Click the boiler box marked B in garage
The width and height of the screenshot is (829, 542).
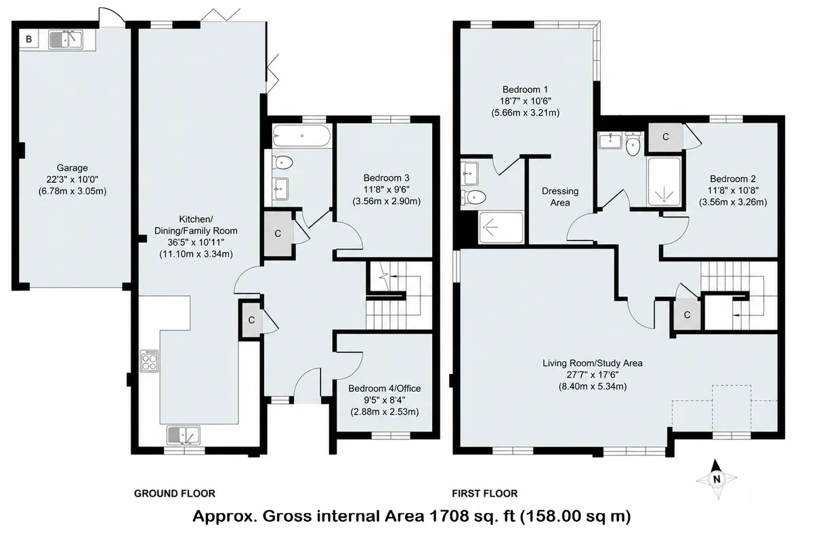(x=28, y=39)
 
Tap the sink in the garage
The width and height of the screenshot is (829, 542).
(x=66, y=39)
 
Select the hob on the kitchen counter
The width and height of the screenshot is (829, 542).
(x=150, y=361)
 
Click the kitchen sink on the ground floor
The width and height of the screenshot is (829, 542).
(x=183, y=436)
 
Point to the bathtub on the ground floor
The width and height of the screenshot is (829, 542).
(x=301, y=136)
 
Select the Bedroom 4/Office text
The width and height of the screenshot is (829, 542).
(x=385, y=388)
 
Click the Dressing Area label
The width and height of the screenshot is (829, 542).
(x=560, y=197)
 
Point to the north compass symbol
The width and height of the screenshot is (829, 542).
(x=717, y=479)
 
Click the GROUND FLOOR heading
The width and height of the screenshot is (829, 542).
(x=175, y=493)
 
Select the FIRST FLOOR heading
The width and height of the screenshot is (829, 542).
(x=485, y=493)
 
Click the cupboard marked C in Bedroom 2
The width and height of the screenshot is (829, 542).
(x=665, y=137)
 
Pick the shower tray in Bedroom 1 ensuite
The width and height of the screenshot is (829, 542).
(x=501, y=228)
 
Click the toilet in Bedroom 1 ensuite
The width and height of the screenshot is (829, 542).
(x=473, y=197)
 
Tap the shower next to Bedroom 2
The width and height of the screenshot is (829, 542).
(x=664, y=182)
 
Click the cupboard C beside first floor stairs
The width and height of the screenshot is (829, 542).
(x=687, y=314)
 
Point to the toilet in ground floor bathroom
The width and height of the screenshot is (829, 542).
(x=282, y=162)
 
